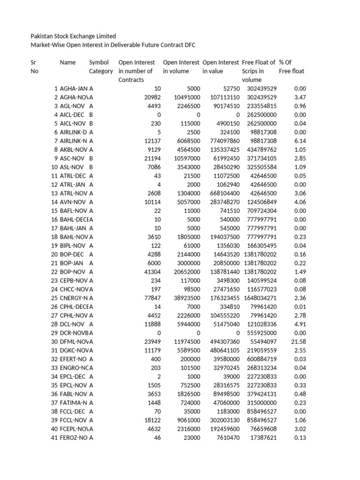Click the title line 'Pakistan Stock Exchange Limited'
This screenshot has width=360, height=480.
(73, 36)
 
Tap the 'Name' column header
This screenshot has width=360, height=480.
(68, 62)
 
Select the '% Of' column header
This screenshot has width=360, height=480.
(285, 62)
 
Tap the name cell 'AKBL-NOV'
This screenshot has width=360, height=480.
(74, 150)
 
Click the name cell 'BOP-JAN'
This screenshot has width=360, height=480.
(72, 263)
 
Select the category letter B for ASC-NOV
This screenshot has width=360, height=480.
(91, 158)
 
